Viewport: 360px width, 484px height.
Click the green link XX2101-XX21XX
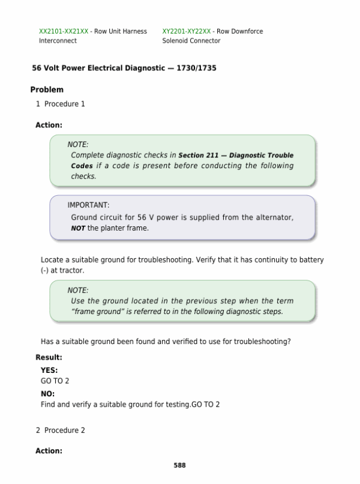pyautogui.click(x=64, y=31)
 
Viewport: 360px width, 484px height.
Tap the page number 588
pyautogui.click(x=179, y=465)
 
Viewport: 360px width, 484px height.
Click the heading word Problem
pyautogui.click(x=47, y=89)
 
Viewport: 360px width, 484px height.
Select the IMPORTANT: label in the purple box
pyautogui.click(x=88, y=205)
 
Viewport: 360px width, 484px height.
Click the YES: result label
pyautogui.click(x=49, y=371)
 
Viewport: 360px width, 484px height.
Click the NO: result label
pyautogui.click(x=47, y=394)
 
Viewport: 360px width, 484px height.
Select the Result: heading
pyautogui.click(x=49, y=358)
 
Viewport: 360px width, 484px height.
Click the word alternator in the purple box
pyautogui.click(x=274, y=217)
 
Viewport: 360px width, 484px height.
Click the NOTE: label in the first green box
pyautogui.click(x=78, y=144)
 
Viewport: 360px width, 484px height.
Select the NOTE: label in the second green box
pyautogui.click(x=78, y=289)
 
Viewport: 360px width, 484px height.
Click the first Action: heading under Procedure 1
pyautogui.click(x=49, y=126)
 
